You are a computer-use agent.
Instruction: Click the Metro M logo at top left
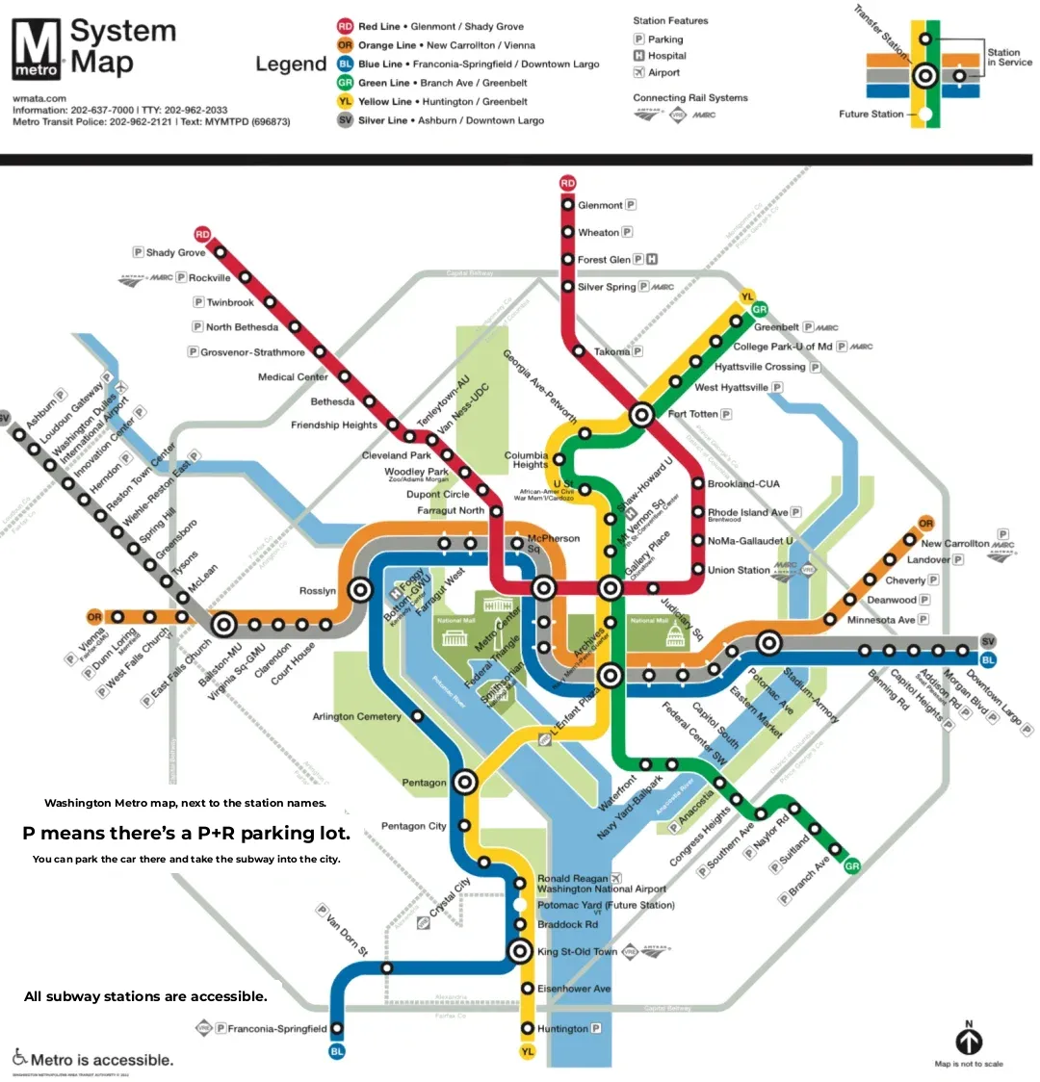37,49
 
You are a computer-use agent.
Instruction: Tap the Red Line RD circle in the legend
345,26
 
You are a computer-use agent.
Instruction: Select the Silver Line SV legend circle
345,120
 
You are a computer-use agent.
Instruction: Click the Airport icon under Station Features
638,72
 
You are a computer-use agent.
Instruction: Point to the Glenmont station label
600,205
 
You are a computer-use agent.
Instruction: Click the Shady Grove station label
175,253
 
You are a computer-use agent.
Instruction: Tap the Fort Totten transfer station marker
641,416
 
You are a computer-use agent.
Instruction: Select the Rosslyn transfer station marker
361,589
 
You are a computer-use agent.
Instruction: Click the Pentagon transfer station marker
466,782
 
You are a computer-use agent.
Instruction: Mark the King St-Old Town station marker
520,952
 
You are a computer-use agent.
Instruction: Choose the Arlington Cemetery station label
356,716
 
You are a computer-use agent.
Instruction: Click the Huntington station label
562,1028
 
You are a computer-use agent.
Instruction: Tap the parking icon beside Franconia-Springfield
221,1028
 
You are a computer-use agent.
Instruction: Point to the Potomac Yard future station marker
520,905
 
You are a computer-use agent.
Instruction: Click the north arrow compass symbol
969,1041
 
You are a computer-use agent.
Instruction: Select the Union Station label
739,570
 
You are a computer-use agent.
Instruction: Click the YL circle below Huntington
527,1052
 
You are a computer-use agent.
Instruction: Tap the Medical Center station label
293,376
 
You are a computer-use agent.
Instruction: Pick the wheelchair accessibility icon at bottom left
19,1057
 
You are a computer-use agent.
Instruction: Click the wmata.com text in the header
39,98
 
